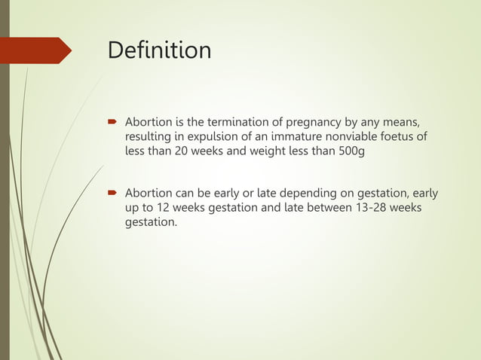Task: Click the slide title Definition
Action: (x=159, y=50)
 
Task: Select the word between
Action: (x=328, y=208)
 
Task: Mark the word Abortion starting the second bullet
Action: (x=150, y=194)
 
